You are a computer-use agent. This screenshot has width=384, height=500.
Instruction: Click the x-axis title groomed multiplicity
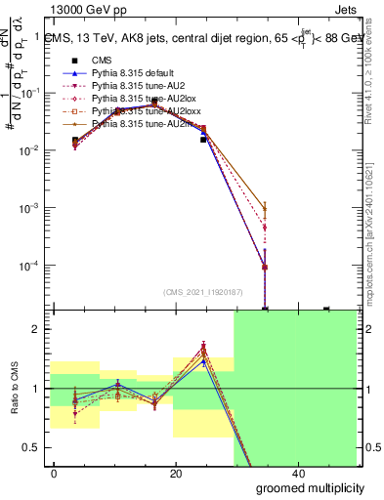pos(303,487)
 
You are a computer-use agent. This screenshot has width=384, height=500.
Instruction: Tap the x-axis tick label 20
pos(175,474)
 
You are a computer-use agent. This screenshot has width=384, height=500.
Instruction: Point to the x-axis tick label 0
pos(54,474)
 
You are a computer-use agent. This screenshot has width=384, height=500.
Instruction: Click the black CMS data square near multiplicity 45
pos(326,310)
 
